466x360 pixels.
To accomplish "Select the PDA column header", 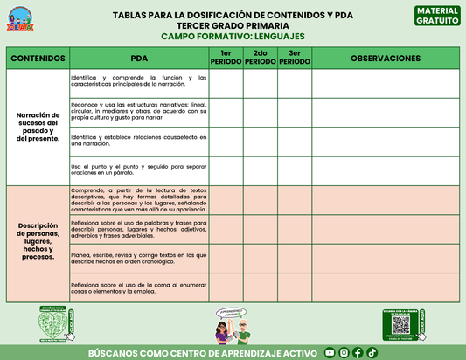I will (x=138, y=59).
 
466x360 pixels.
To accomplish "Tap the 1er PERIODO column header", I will (x=226, y=59).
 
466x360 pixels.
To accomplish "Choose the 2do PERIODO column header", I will (x=260, y=59).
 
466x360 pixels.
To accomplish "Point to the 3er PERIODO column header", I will (x=294, y=59).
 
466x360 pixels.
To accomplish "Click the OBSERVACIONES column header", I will (x=385, y=59).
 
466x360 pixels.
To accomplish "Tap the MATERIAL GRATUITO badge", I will (x=437, y=15).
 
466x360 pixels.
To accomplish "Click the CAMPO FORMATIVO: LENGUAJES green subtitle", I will (x=233, y=38).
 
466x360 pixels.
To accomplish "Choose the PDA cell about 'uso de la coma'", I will (x=138, y=287).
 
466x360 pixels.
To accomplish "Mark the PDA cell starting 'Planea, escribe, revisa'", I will (x=138, y=258).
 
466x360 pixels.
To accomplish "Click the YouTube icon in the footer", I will (x=330, y=352).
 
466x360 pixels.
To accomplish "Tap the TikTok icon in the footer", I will (x=372, y=352).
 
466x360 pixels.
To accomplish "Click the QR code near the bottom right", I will (x=400, y=324).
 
